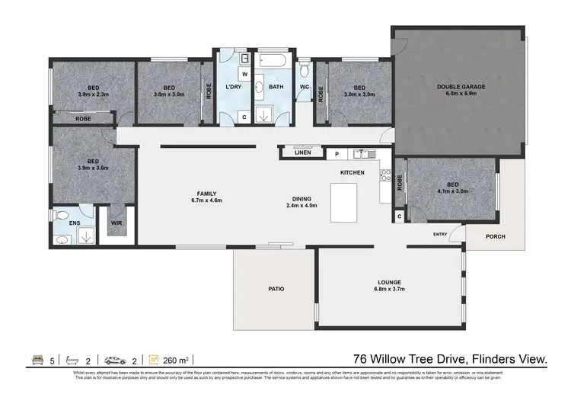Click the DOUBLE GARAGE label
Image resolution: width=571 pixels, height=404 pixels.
(461, 87)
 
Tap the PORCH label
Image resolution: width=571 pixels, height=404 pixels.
(495, 236)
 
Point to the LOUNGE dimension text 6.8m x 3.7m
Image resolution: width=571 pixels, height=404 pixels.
(389, 289)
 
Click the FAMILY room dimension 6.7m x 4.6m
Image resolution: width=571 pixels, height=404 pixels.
(206, 201)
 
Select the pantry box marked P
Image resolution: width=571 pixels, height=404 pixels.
(337, 154)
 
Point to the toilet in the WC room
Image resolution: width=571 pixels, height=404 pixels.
(305, 72)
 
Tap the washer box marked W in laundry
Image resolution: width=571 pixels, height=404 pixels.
(244, 74)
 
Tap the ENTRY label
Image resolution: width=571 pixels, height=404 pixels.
(440, 234)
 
